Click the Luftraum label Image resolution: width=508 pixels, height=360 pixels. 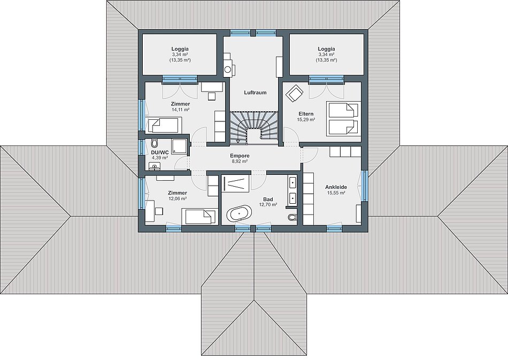255,93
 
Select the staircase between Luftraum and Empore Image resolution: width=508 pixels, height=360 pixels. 255,127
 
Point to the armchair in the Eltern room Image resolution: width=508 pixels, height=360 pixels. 294,93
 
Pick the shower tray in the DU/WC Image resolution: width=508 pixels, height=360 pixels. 179,147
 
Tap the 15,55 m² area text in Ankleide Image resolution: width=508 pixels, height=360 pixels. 336,193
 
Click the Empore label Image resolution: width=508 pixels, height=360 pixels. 240,156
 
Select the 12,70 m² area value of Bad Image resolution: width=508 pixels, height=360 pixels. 268,204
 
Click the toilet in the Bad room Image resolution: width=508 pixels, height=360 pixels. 292,217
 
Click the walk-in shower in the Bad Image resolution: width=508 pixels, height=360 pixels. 235,183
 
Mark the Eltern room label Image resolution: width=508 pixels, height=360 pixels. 306,114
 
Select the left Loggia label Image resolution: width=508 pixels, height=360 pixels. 180,49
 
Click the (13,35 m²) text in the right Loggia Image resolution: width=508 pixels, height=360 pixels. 326,60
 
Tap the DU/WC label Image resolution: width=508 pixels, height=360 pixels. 160,152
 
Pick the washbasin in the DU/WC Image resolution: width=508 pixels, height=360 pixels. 156,166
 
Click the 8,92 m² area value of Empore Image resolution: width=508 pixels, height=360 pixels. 239,161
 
